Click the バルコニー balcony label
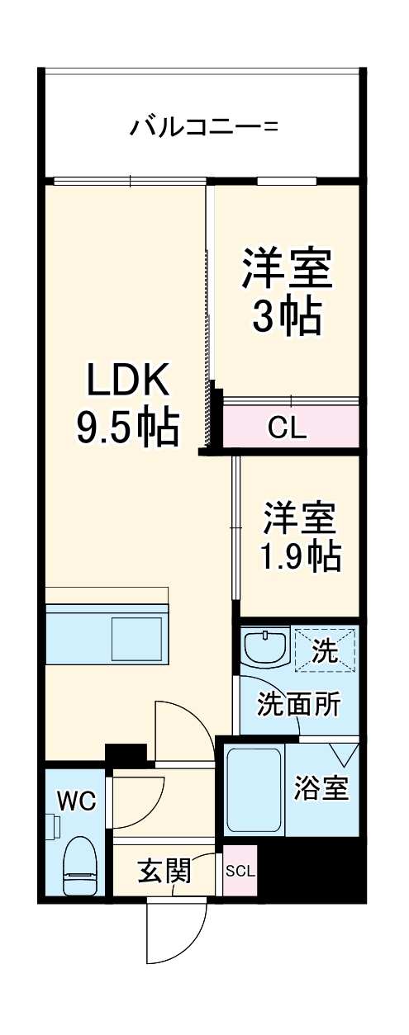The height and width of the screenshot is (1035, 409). [x=204, y=126]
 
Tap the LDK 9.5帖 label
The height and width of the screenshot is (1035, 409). [x=128, y=405]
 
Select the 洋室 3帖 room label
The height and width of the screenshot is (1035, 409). [x=288, y=291]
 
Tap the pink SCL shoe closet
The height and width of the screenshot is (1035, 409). [x=240, y=872]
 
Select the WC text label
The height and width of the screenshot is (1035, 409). [x=76, y=801]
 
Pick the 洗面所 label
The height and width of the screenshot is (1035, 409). [x=299, y=704]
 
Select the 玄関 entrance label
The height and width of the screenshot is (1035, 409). [x=164, y=872]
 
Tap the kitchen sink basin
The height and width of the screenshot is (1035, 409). [x=136, y=639]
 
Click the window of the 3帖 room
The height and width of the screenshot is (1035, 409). [x=287, y=181]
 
